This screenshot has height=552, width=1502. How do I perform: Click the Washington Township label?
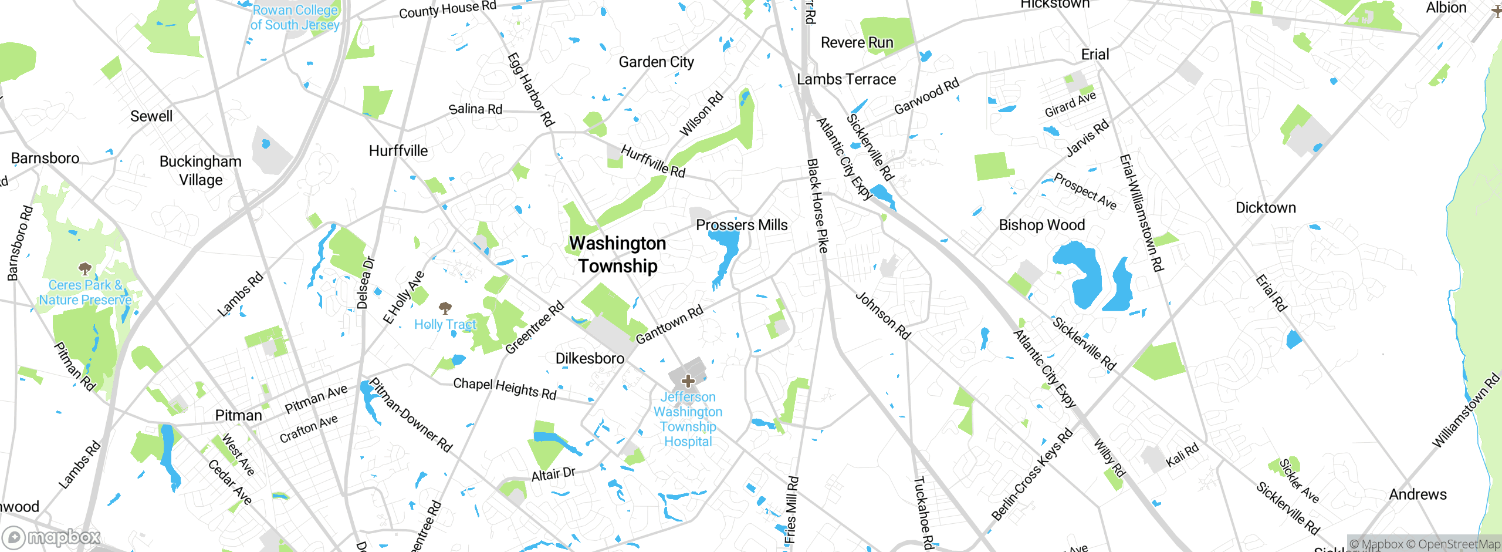pos(618,254)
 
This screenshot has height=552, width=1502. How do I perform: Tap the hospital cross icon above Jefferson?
pos(688,381)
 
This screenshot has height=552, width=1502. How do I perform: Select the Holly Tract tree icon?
pos(445,308)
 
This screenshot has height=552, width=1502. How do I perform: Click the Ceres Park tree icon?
pos(85,269)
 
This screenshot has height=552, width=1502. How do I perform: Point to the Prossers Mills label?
pos(742,225)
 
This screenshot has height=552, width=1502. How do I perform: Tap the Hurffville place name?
pos(398,151)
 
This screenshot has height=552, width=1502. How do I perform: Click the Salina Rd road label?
pos(475,109)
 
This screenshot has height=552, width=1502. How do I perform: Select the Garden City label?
pos(656,62)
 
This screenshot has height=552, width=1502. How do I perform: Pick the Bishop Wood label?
pos(1041,225)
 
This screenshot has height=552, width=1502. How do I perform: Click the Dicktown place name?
pos(1266,208)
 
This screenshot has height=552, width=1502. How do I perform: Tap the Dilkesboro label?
pos(590,358)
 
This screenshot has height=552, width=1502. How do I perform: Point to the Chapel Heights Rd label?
pos(505,389)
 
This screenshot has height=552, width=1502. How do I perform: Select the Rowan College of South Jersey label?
pos(295,18)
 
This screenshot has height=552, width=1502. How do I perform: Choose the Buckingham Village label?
pos(201,170)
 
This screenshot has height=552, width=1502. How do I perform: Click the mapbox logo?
pos(52,537)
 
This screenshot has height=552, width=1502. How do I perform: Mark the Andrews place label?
pos(1418,494)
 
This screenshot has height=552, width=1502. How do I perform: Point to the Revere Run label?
pos(857,43)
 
